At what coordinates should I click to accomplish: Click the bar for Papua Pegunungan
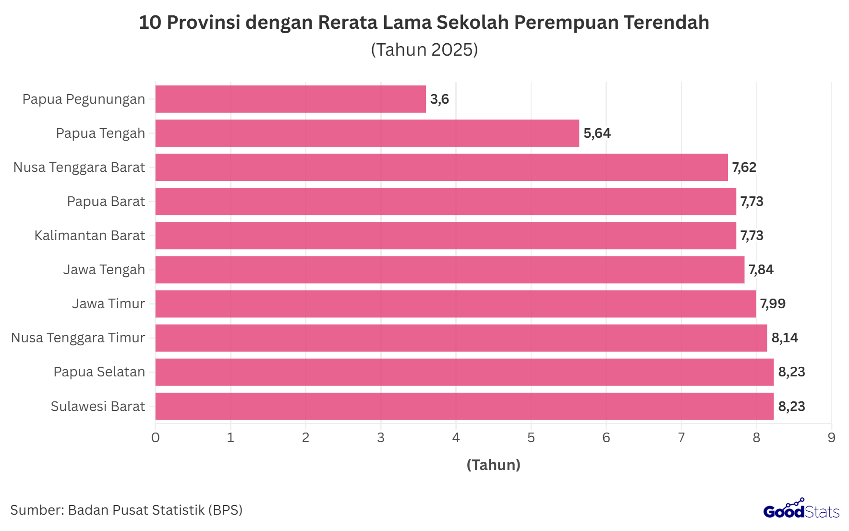pos(291,99)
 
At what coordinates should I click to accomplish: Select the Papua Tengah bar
pos(367,133)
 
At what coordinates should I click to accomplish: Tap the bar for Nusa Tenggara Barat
pos(442,168)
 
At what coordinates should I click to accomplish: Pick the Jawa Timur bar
pos(455,304)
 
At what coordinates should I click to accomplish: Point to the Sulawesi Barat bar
pos(464,406)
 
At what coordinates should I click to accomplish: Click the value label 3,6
pos(439,99)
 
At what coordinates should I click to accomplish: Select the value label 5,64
pos(597,133)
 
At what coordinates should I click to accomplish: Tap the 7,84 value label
pos(761,270)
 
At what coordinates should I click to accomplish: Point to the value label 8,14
pos(785,338)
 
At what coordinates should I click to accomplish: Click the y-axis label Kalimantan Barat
pos(90,236)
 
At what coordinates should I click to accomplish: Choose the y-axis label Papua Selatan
pos(99,372)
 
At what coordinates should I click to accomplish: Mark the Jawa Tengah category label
pos(104,270)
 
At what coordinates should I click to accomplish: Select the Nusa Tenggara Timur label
pos(78,338)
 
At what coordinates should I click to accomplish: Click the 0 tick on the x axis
pos(156,438)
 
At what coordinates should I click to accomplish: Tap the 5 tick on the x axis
pos(531,438)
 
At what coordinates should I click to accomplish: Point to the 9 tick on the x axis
pos(831,438)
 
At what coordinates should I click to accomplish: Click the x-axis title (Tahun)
pos(494,465)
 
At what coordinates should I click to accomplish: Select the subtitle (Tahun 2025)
pos(424,50)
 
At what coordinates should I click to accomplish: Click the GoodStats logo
pos(801,509)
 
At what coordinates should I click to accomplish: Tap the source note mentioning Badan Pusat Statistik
pos(126,510)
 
